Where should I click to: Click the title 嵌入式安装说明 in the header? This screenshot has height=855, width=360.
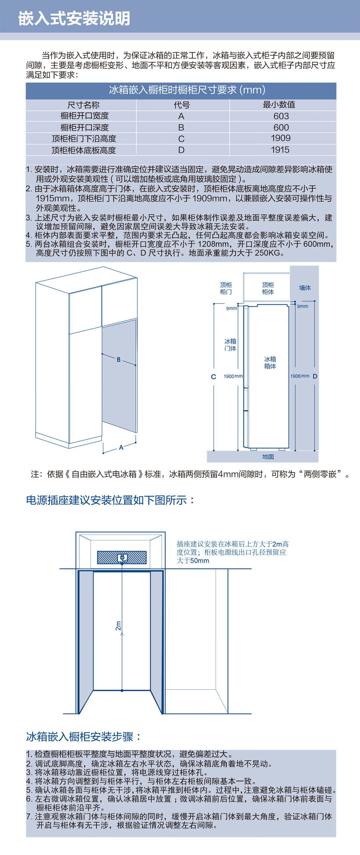[74, 18]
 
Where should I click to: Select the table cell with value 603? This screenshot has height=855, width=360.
[281, 116]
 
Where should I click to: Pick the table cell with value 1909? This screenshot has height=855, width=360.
[281, 138]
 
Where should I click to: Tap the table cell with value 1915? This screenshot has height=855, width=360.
[280, 150]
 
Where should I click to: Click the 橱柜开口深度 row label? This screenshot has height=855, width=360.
[85, 127]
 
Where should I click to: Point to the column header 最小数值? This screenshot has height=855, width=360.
[279, 105]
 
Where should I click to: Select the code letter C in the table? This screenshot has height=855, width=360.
[181, 139]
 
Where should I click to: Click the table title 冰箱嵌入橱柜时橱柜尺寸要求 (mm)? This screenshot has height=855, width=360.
[187, 90]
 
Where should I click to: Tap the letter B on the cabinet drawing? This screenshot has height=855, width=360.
[119, 360]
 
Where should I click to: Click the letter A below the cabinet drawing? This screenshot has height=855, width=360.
[121, 447]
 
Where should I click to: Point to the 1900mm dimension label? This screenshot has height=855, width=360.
[233, 377]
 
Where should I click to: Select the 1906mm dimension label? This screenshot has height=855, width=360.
[300, 376]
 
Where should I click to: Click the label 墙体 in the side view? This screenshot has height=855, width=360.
[305, 288]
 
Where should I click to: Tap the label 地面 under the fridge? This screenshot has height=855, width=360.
[268, 457]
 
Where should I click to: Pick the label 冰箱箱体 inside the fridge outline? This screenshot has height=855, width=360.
[270, 363]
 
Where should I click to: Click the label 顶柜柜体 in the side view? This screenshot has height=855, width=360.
[268, 289]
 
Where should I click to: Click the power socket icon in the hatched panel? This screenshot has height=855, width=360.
[122, 557]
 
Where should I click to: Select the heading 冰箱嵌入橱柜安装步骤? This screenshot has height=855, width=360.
[83, 736]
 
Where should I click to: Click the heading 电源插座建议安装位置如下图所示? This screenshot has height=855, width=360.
[110, 500]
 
